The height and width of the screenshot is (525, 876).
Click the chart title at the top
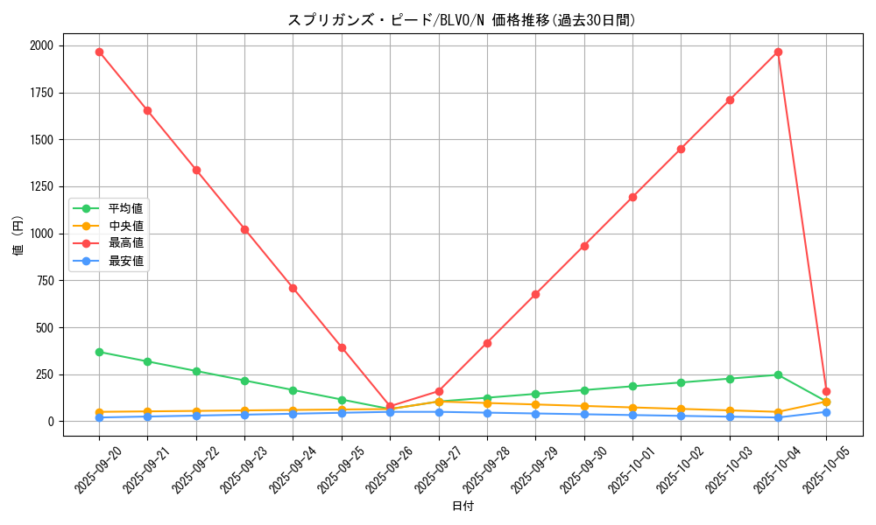(462, 20)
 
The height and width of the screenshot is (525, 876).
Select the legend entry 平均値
(125, 208)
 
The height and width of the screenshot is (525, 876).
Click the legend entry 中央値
(125, 226)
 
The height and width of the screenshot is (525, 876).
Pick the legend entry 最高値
(125, 243)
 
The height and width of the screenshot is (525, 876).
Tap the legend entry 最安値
(125, 261)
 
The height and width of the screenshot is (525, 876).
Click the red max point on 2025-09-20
(99, 52)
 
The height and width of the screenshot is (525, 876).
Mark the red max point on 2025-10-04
(778, 52)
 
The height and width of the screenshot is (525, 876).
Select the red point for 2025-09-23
(244, 229)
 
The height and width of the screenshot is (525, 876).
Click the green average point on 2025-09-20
(99, 352)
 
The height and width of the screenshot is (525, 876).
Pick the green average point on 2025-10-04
(778, 374)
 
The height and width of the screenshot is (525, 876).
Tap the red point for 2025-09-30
(584, 246)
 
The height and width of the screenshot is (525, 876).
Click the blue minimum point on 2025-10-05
(826, 412)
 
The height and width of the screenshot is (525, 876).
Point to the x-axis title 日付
(463, 507)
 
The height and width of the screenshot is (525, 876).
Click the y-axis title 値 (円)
(18, 237)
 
